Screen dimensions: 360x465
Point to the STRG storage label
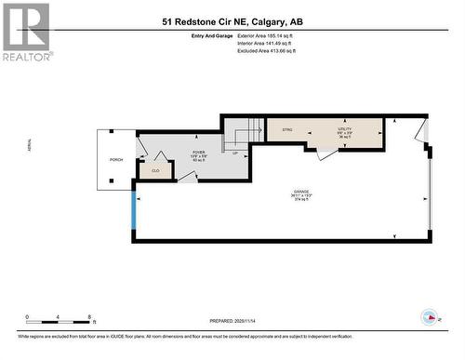(287, 130)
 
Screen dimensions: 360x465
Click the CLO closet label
(155, 170)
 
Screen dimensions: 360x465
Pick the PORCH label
(116, 160)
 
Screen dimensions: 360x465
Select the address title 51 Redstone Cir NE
(232, 20)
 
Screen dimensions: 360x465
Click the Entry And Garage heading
(185, 36)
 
